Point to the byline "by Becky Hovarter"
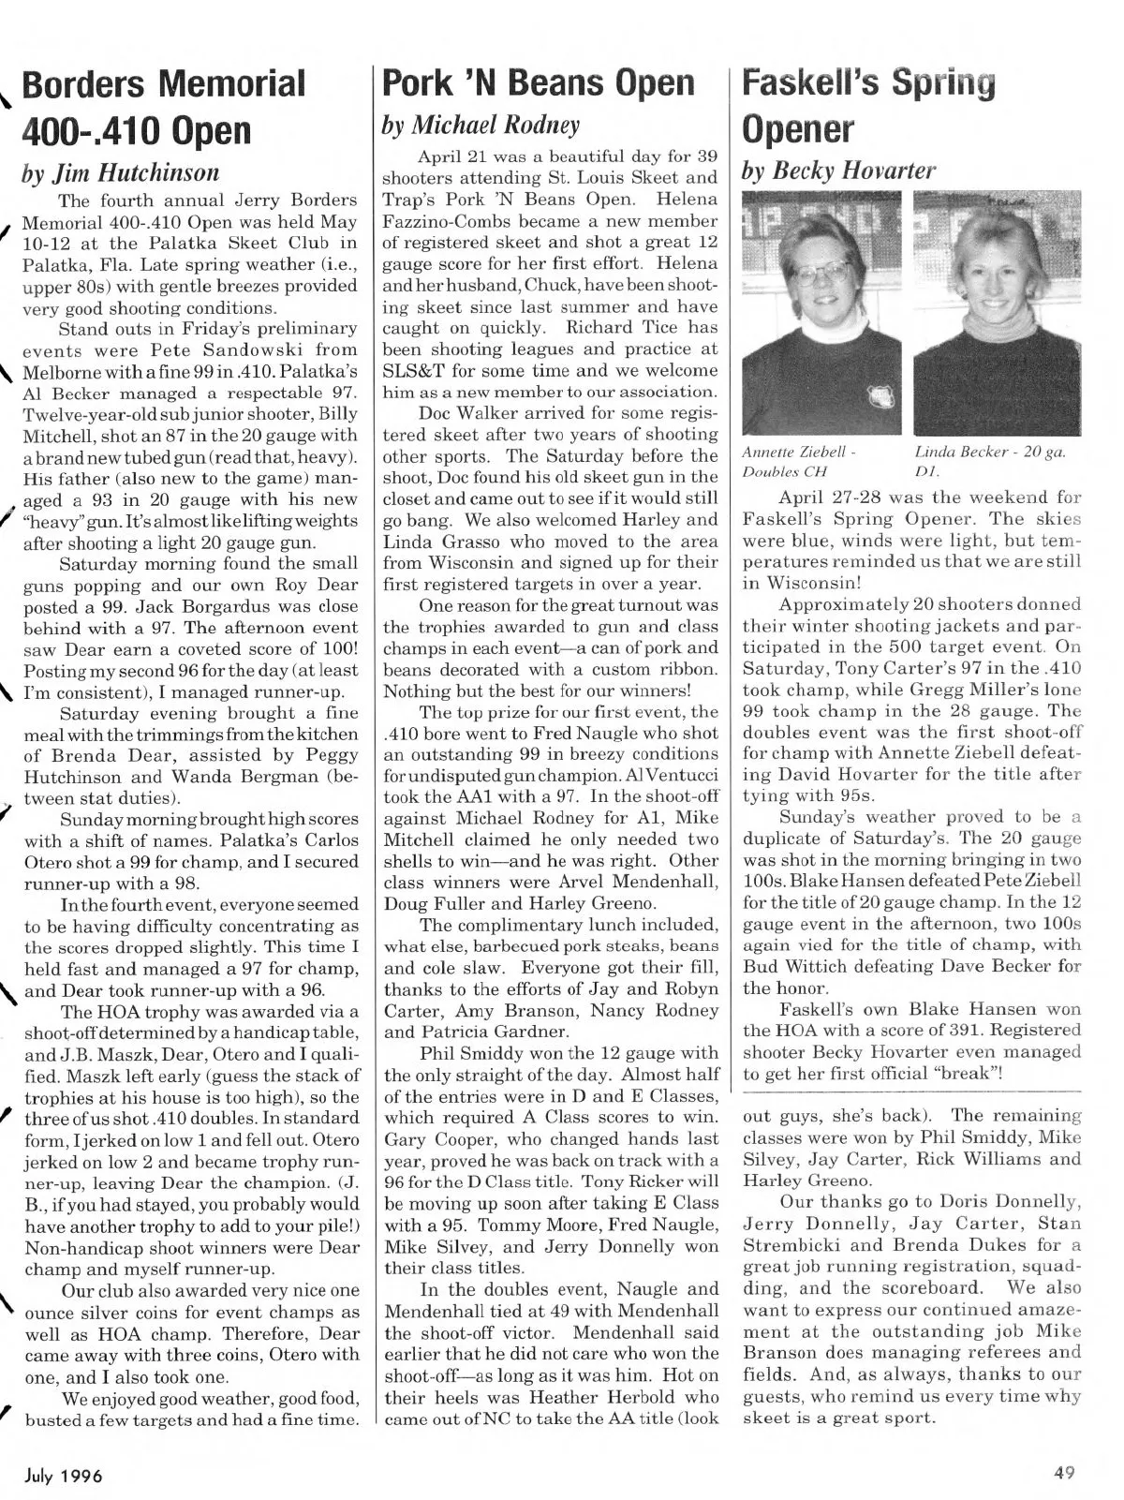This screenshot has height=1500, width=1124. click(x=837, y=169)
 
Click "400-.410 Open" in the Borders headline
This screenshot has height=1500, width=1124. click(x=138, y=128)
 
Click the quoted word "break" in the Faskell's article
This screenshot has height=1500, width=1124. click(x=974, y=1074)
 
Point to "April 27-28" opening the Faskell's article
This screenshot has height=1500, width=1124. click(x=824, y=498)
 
